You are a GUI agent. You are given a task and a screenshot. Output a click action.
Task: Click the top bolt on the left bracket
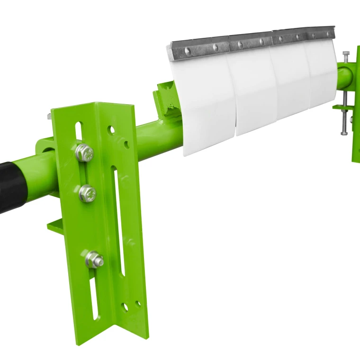click(x=84, y=153)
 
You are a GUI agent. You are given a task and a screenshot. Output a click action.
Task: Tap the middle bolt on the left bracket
click(x=87, y=193)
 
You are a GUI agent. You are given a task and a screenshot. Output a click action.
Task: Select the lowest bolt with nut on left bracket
click(x=94, y=260)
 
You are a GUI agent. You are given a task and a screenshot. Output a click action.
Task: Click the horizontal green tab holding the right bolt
click(x=344, y=107)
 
